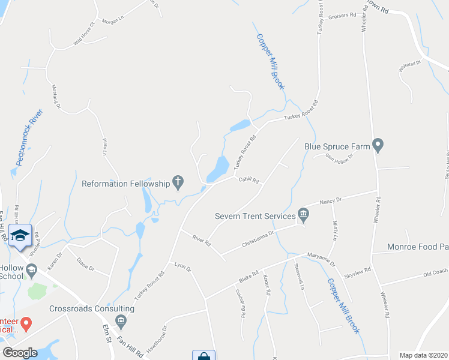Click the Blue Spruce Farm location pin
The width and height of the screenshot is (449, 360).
click(x=378, y=145)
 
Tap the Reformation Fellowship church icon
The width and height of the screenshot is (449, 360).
click(x=178, y=181)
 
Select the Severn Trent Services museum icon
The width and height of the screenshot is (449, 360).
click(x=303, y=215)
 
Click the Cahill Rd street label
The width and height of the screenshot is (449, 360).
click(x=248, y=180)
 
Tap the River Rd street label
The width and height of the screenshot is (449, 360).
click(x=202, y=241)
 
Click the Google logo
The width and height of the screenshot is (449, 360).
click(x=20, y=352)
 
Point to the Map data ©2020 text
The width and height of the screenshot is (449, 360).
click(x=424, y=355)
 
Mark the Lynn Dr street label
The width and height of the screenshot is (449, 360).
click(x=182, y=267)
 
